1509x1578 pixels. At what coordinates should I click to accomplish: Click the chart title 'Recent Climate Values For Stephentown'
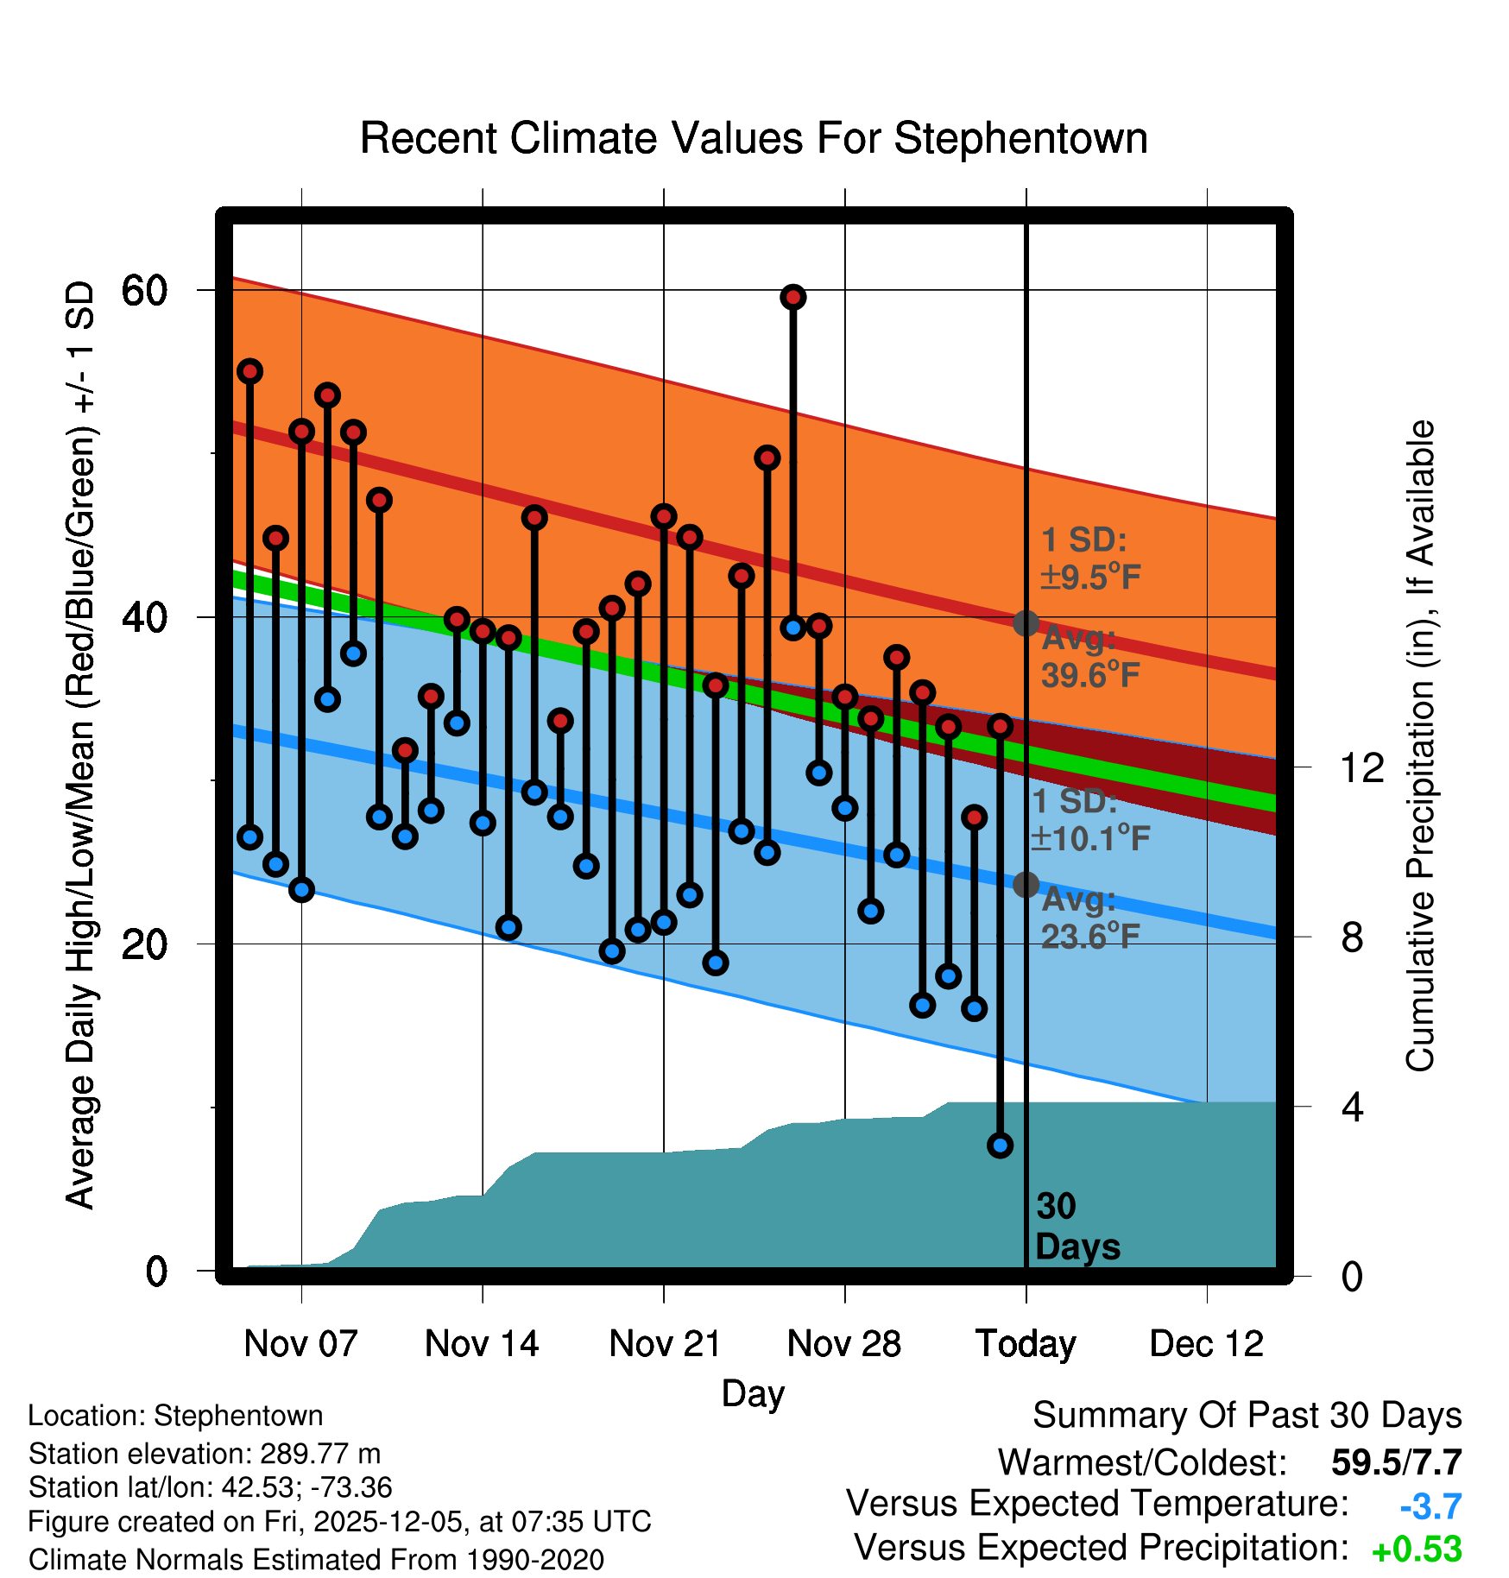753,138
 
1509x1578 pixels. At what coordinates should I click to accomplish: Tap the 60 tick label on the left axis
144,291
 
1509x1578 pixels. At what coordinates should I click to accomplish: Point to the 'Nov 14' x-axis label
482,1344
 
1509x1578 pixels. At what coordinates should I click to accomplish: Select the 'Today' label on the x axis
1026,1344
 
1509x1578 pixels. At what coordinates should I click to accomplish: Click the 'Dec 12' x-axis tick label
1206,1344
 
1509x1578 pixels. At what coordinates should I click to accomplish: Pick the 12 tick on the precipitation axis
1361,767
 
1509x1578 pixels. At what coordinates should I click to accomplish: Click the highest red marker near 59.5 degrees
793,297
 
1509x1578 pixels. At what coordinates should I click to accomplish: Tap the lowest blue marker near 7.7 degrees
1000,1146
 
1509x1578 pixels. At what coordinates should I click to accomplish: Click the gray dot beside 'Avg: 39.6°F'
1026,623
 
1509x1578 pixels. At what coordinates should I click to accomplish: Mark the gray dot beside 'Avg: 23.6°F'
1026,885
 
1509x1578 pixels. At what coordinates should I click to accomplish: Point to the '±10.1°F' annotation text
1090,838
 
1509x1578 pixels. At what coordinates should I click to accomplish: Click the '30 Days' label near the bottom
1077,1227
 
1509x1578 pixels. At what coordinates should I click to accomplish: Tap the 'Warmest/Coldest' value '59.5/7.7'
1396,1463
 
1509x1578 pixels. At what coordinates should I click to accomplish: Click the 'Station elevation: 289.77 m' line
205,1454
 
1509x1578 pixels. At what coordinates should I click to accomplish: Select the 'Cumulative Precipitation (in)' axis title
1420,747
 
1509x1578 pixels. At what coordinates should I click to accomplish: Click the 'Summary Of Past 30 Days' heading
1247,1417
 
